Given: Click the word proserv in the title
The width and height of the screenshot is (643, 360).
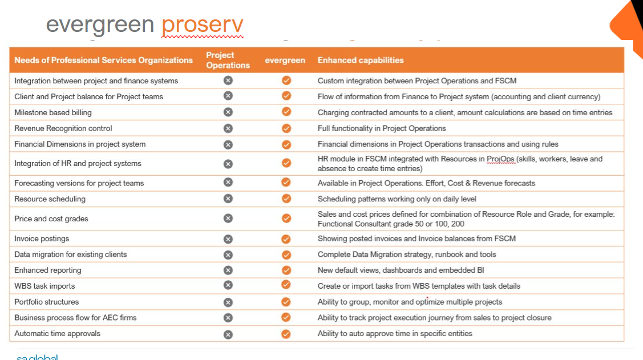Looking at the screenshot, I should pyautogui.click(x=203, y=25).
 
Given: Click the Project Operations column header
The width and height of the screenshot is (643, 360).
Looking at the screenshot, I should pyautogui.click(x=228, y=60).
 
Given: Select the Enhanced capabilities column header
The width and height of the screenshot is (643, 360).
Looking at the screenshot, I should pyautogui.click(x=361, y=60).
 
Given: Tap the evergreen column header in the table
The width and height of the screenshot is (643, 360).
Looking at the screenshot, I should pyautogui.click(x=285, y=60).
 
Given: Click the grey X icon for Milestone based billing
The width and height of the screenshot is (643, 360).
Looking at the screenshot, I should pyautogui.click(x=228, y=112).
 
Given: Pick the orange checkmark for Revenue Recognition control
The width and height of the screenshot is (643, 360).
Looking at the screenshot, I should pyautogui.click(x=286, y=128).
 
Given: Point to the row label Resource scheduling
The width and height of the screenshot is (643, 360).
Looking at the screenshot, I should pyautogui.click(x=50, y=199).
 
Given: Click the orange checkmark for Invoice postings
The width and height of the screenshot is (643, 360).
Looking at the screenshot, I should pyautogui.click(x=286, y=238).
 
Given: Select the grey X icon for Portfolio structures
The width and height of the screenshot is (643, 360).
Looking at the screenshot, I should pyautogui.click(x=228, y=302).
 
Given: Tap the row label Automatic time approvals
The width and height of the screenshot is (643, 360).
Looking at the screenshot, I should pyautogui.click(x=57, y=333).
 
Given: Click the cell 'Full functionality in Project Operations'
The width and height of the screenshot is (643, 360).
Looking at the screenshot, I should pyautogui.click(x=382, y=128).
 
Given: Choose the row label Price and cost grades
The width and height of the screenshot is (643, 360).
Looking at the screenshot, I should pyautogui.click(x=51, y=219).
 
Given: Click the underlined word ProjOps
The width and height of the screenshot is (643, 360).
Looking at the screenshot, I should pyautogui.click(x=501, y=159).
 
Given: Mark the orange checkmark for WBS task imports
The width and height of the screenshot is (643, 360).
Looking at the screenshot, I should pyautogui.click(x=286, y=285).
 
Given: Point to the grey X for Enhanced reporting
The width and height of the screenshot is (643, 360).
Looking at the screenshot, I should pyautogui.click(x=228, y=270).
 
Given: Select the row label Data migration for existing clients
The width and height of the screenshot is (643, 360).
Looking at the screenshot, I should pyautogui.click(x=71, y=254).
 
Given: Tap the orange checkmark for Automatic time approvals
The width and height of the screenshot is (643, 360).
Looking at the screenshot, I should pyautogui.click(x=286, y=334).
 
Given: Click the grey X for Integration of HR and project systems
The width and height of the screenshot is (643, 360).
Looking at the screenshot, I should pyautogui.click(x=228, y=164).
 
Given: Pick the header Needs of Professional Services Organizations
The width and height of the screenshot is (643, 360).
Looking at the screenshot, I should pyautogui.click(x=103, y=60).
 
